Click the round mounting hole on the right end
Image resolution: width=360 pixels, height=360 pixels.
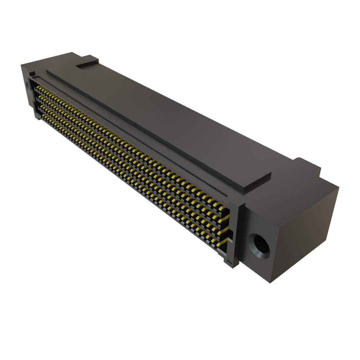coord(259,246)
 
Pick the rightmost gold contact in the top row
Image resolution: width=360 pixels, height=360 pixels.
coord(222,209)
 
